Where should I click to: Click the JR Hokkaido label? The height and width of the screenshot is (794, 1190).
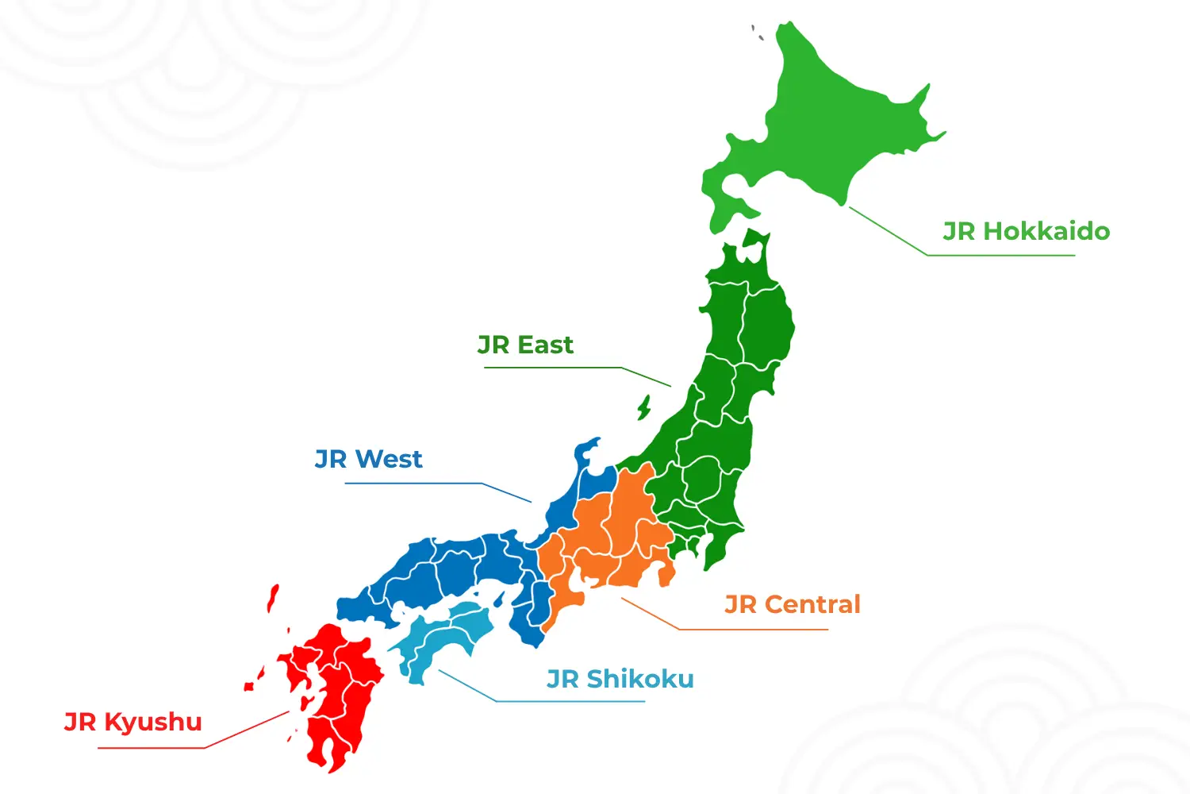pyautogui.click(x=1026, y=231)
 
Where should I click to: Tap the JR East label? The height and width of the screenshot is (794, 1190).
pyautogui.click(x=525, y=345)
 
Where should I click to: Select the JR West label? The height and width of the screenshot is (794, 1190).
pyautogui.click(x=369, y=459)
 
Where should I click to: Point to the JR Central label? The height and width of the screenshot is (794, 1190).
pyautogui.click(x=793, y=604)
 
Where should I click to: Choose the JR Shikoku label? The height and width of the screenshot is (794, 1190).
pyautogui.click(x=620, y=679)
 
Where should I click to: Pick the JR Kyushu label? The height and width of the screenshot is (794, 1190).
pyautogui.click(x=133, y=722)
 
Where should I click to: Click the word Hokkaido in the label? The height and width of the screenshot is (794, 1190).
pyautogui.click(x=1046, y=231)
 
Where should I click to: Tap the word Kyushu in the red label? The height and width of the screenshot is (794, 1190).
pyautogui.click(x=153, y=722)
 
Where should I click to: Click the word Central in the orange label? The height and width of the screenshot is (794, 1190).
pyautogui.click(x=812, y=604)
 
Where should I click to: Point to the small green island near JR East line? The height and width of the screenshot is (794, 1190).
pyautogui.click(x=644, y=408)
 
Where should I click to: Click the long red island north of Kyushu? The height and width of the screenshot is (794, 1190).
pyautogui.click(x=273, y=598)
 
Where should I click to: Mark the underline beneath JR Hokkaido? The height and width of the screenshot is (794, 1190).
pyautogui.click(x=1000, y=255)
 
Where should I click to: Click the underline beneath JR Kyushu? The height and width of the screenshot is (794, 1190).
pyautogui.click(x=151, y=748)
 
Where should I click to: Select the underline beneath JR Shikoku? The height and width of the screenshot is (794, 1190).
pyautogui.click(x=571, y=701)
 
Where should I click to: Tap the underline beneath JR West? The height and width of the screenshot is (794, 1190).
pyautogui.click(x=413, y=483)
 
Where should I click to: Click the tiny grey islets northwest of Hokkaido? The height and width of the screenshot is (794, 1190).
pyautogui.click(x=757, y=33)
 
